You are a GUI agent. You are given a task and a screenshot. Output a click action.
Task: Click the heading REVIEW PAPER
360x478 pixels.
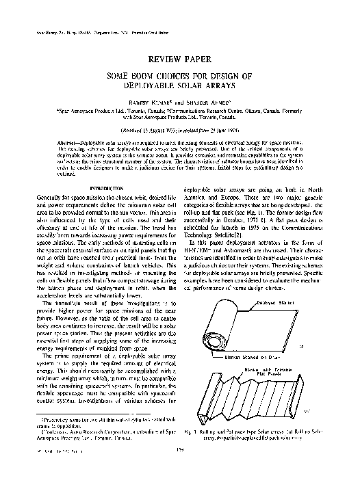(x=179, y=59)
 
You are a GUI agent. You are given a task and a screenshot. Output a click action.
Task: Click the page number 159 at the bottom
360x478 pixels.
(x=179, y=467)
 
